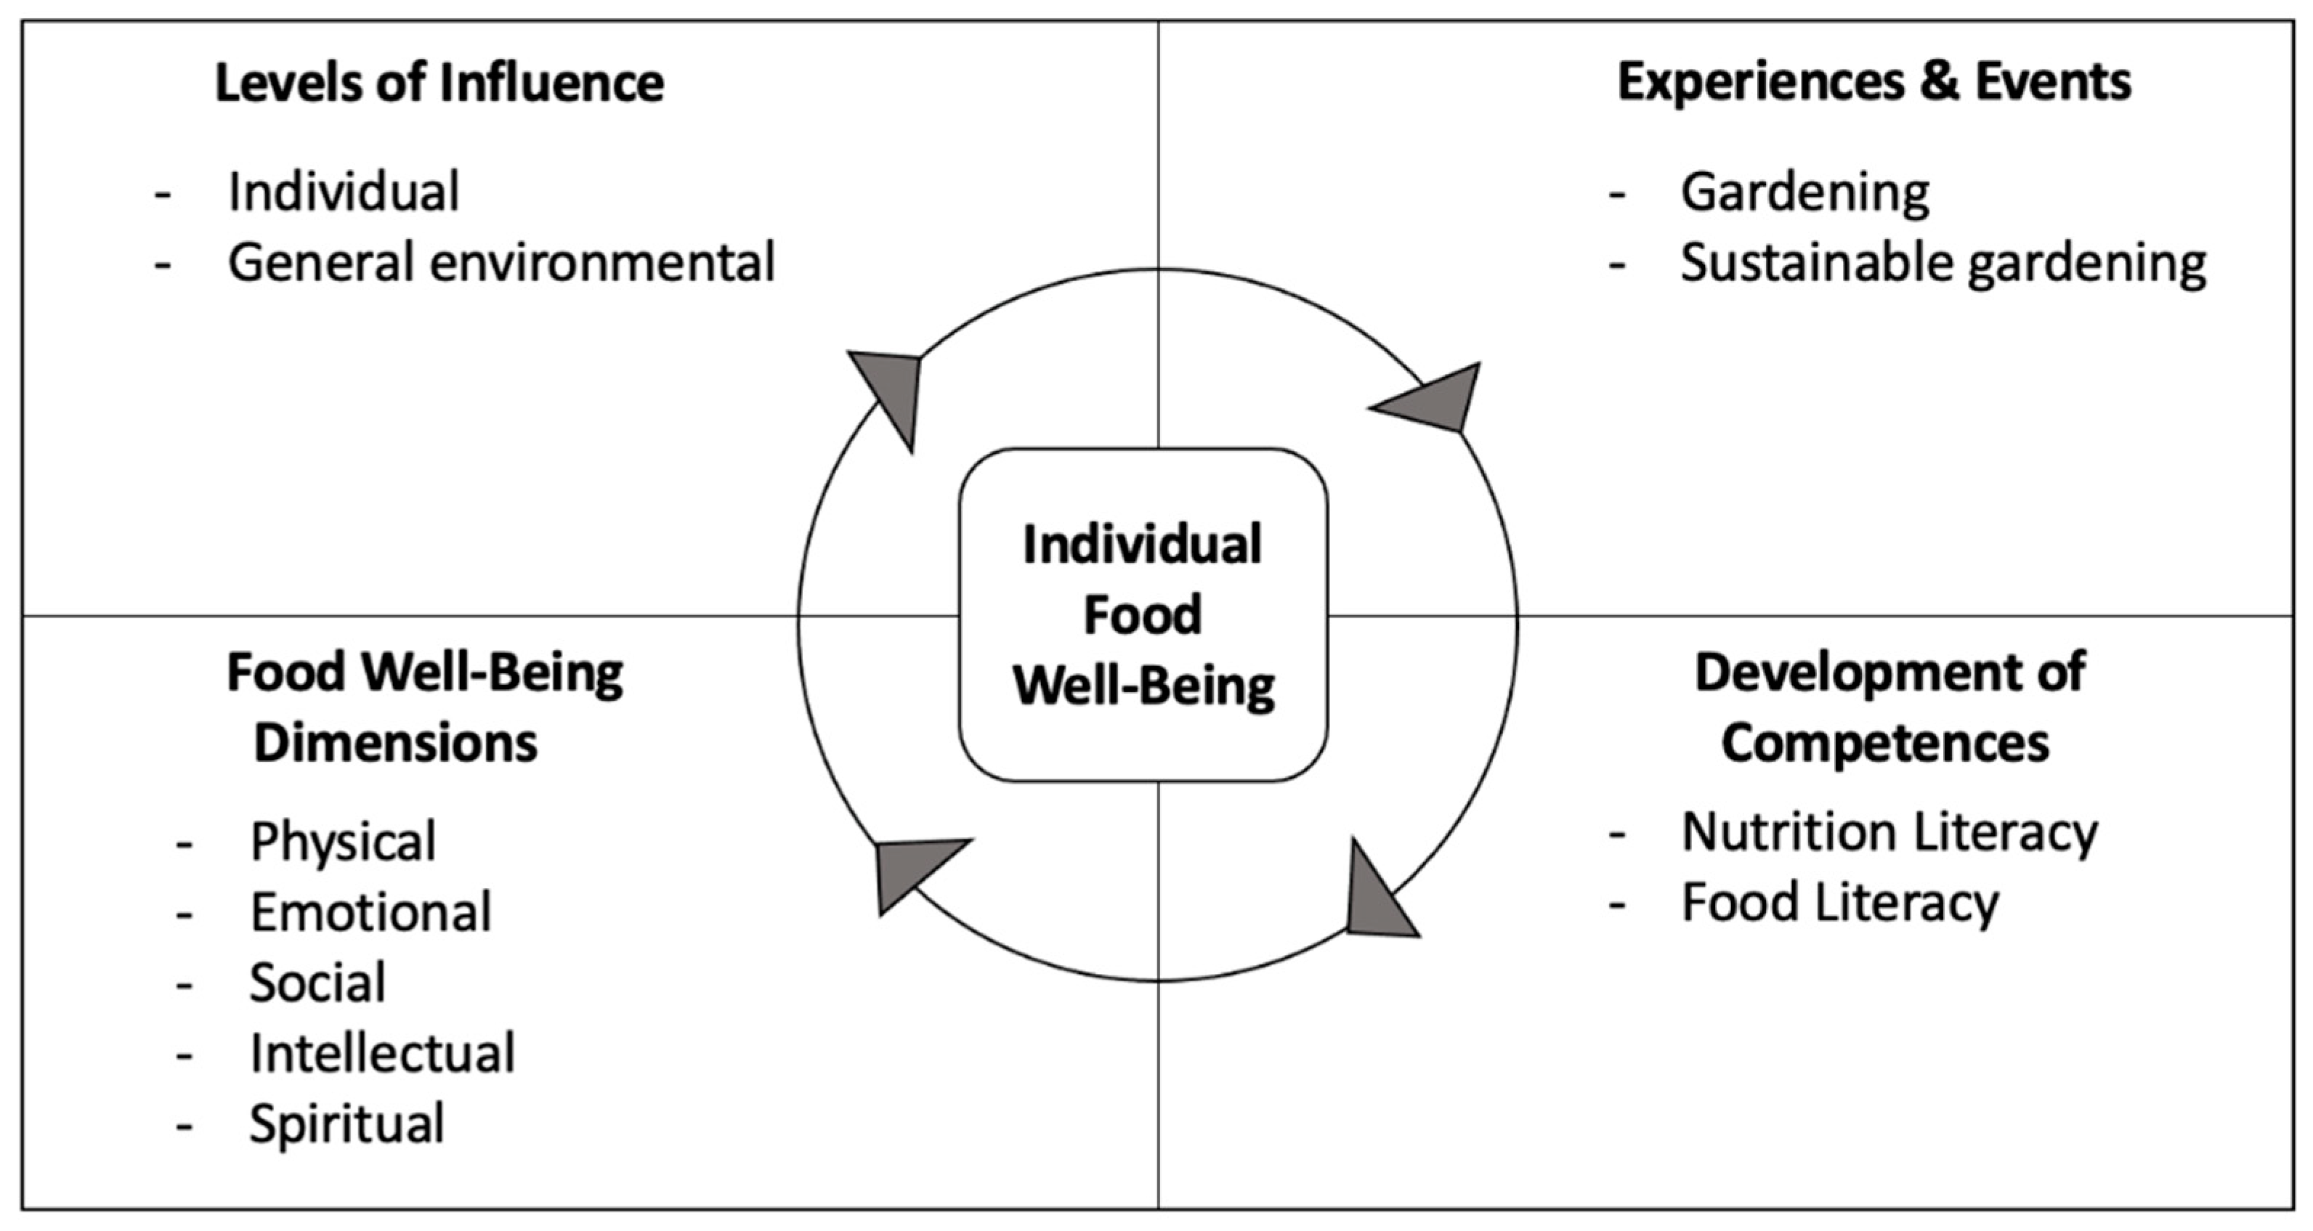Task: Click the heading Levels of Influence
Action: pos(439,84)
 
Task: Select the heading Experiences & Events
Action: pos(1874,83)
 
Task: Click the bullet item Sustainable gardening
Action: pos(1943,264)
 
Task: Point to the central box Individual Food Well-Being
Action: pos(1143,615)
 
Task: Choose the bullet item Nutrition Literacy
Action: pos(1889,832)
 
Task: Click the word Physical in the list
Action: pos(343,841)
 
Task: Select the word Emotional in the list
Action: pos(370,912)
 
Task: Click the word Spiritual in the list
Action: pos(347,1124)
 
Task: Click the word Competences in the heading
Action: pos(1884,744)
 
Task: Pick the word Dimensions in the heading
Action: pos(395,744)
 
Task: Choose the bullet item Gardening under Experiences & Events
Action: pos(1804,192)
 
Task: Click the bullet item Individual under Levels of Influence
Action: pos(343,192)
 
